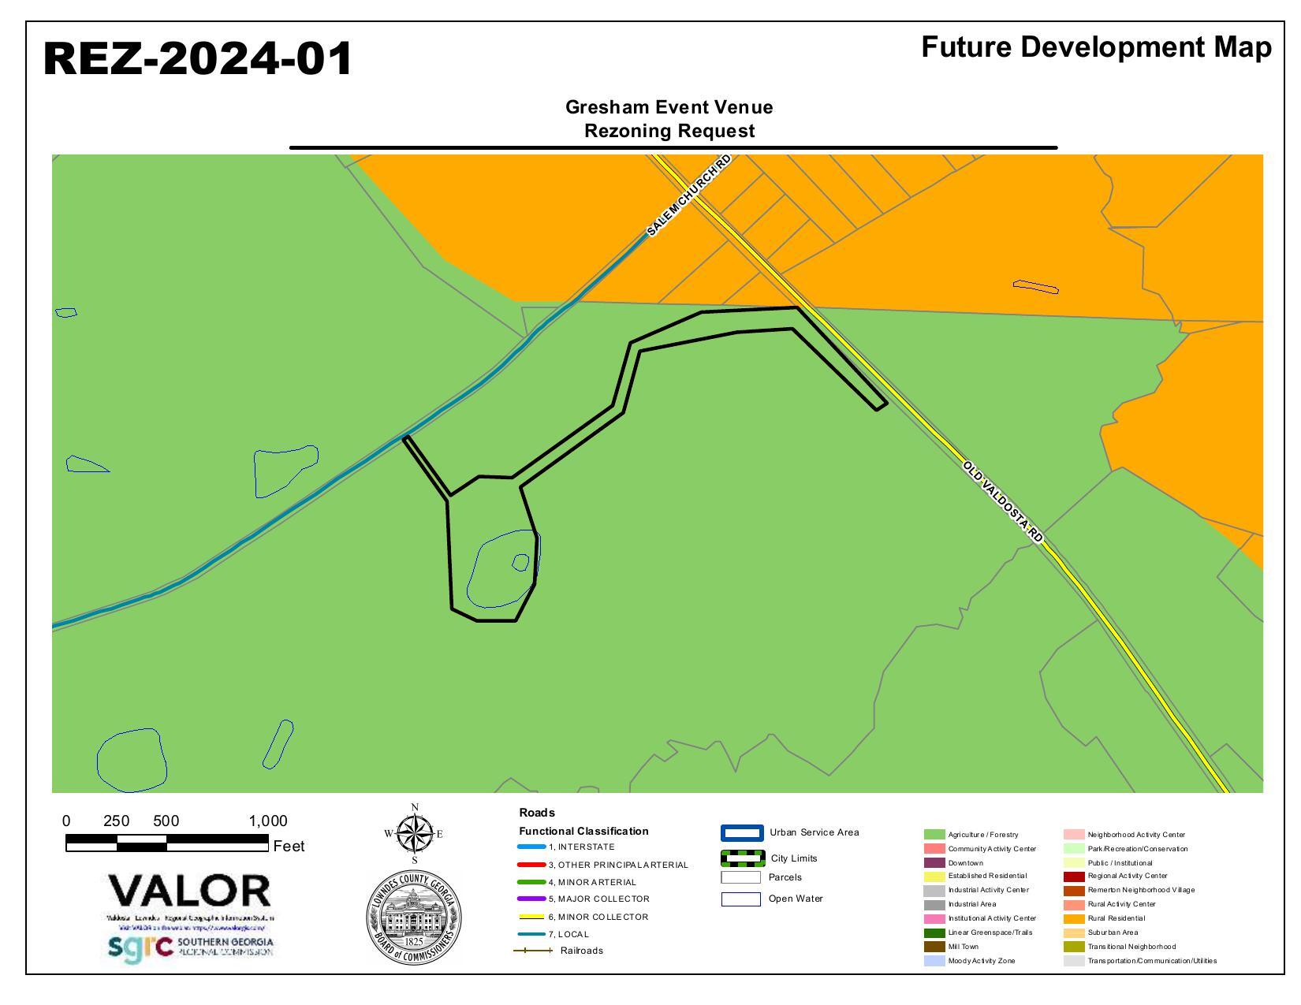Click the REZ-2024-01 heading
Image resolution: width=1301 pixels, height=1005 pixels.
click(x=197, y=59)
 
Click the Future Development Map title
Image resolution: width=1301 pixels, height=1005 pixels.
click(x=1096, y=47)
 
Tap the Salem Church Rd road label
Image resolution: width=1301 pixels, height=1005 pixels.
click(x=688, y=195)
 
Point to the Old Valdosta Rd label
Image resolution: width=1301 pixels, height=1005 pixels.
click(x=1003, y=502)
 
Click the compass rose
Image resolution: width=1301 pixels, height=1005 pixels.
click(x=414, y=833)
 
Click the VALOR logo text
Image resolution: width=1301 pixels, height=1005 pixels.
click(x=190, y=891)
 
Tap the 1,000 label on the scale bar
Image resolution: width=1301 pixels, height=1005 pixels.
click(x=268, y=821)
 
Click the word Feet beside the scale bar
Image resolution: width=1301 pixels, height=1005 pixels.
click(x=289, y=847)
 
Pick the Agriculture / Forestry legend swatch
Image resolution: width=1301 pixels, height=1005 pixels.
click(x=934, y=835)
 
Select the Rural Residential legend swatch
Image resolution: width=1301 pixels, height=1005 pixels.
click(x=1074, y=918)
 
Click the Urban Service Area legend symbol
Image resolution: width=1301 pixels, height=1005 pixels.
click(x=741, y=833)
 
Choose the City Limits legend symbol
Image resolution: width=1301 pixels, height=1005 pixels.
click(x=741, y=858)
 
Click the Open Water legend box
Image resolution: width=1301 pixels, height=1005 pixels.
click(x=741, y=899)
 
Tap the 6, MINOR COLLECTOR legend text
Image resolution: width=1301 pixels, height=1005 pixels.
click(x=598, y=917)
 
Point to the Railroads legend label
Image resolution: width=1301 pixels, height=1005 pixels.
click(x=581, y=951)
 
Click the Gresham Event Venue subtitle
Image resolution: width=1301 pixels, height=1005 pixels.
click(x=669, y=107)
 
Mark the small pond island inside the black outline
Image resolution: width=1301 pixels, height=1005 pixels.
click(x=520, y=562)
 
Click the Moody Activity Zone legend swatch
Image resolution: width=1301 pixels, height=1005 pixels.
click(x=934, y=961)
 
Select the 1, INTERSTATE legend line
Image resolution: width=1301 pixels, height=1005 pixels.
click(x=531, y=847)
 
